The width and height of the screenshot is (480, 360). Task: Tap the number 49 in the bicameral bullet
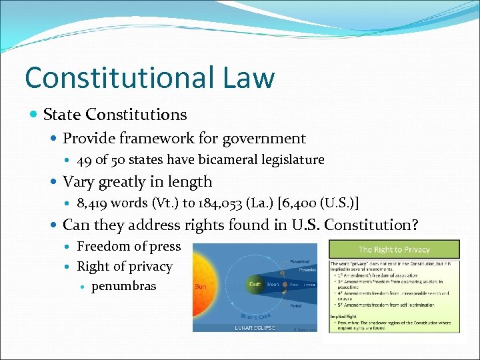click(x=85, y=160)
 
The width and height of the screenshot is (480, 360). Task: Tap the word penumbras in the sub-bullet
click(x=124, y=286)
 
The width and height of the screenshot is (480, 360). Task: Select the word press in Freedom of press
click(x=166, y=247)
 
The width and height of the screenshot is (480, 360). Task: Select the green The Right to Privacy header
click(x=393, y=249)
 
